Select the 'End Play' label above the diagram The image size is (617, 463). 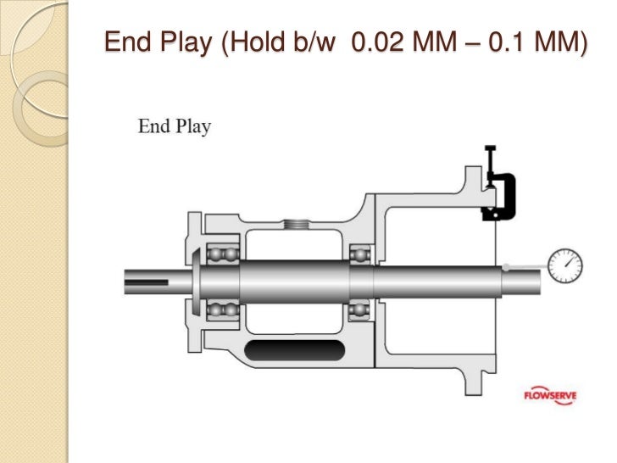pyautogui.click(x=175, y=127)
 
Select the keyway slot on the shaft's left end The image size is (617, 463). pyautogui.click(x=148, y=275)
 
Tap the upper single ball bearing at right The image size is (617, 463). pyautogui.click(x=360, y=253)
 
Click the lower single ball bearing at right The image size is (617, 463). pyautogui.click(x=360, y=310)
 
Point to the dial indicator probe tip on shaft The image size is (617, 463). pyautogui.click(x=505, y=267)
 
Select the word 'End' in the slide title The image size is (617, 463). pyautogui.click(x=127, y=41)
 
